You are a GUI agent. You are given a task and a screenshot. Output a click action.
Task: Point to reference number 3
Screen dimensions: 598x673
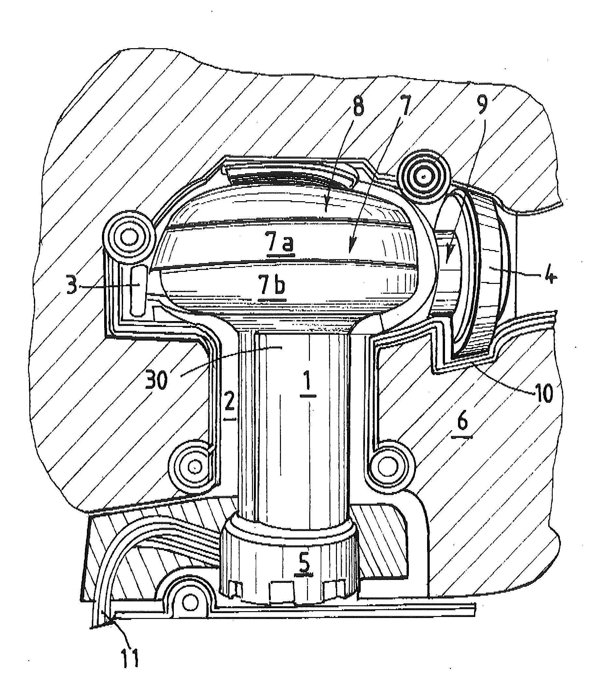72,285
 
